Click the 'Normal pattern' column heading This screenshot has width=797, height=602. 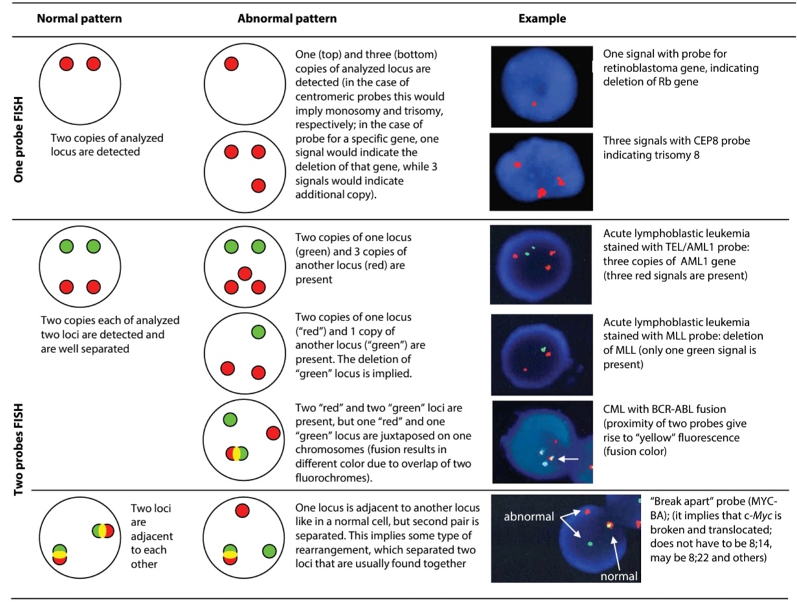79,19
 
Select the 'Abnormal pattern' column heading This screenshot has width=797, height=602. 287,19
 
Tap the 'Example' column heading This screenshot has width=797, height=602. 542,19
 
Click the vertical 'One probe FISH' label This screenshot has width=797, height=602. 18,139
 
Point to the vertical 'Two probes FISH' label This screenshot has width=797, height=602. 18,450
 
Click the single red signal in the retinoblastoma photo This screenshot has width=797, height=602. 534,104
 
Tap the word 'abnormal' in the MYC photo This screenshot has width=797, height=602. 529,516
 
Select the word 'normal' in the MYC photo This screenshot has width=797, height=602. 619,576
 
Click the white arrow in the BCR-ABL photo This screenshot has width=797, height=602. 568,459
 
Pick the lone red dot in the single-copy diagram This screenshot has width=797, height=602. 231,64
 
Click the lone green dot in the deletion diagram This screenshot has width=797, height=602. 258,332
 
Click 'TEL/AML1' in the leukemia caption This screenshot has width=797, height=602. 695,247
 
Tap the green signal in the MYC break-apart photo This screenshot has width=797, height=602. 590,544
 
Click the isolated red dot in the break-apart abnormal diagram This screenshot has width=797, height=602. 242,511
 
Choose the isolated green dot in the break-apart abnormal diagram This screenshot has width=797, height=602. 269,551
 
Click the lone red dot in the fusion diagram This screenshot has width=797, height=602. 273,433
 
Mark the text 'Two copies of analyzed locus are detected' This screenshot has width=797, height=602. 107,145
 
